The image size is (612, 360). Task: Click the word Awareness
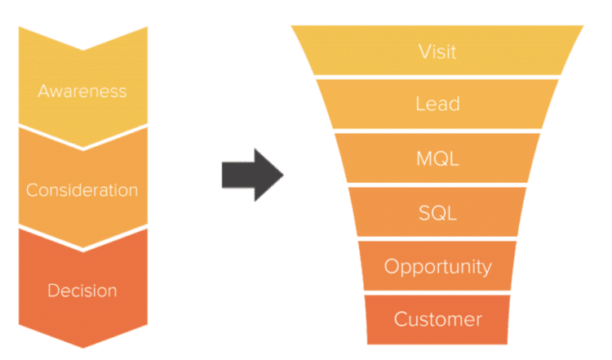(82, 90)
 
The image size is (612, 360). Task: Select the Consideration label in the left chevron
(82, 190)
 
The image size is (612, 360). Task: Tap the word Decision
(82, 291)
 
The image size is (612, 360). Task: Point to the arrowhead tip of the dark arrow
(282, 175)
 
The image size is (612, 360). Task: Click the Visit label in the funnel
(437, 51)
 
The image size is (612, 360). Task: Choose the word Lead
(437, 104)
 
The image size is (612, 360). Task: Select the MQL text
(437, 158)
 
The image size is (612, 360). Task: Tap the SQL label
(437, 213)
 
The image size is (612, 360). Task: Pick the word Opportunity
(437, 267)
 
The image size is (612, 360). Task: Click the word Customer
(437, 319)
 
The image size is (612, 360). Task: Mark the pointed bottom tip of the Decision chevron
(82, 348)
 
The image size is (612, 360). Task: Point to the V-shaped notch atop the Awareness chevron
(82, 49)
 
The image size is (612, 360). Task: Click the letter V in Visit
(423, 51)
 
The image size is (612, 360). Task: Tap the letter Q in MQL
(438, 159)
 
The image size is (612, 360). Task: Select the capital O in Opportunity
(390, 266)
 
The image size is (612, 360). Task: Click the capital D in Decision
(53, 291)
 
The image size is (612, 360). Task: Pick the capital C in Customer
(400, 319)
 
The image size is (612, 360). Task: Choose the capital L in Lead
(420, 104)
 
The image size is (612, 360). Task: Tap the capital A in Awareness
(43, 90)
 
